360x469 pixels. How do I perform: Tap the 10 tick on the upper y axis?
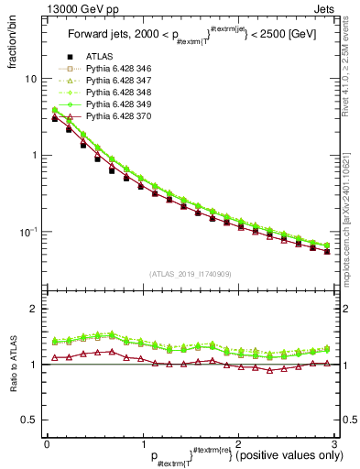point(30,79)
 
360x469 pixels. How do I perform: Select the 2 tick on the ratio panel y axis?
point(32,310)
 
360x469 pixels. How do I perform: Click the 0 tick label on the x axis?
point(47,442)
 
